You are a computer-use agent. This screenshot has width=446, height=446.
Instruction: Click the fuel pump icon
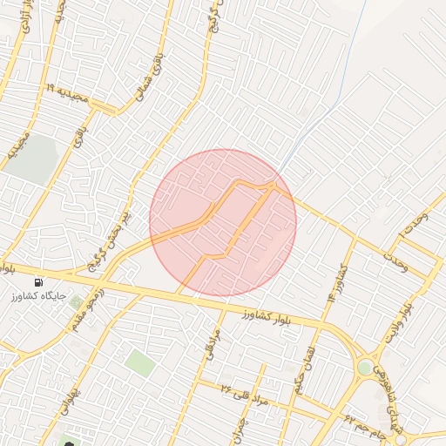pos(38,282)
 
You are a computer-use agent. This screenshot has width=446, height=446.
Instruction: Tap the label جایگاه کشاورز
pos(38,297)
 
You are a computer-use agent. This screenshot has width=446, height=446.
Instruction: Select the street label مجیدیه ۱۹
pos(69,94)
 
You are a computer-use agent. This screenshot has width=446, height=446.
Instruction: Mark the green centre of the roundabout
pos(364,368)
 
